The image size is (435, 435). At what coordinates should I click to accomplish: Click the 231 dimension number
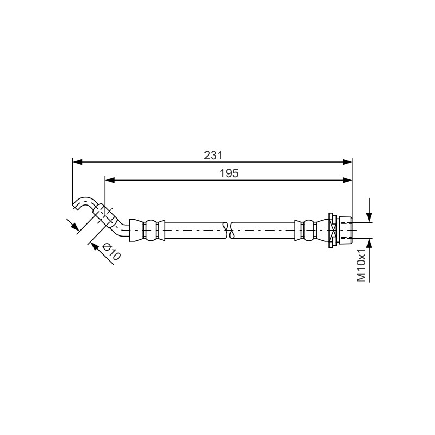point(213,156)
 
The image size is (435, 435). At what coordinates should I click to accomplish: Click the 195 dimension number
point(229,173)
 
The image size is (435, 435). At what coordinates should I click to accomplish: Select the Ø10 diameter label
point(111,251)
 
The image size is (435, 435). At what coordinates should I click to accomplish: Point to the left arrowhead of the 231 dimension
point(78,162)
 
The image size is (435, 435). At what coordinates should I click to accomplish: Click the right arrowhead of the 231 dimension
point(347,162)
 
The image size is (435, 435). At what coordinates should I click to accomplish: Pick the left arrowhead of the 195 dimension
point(110,181)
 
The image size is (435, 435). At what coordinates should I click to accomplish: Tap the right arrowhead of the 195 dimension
point(347,181)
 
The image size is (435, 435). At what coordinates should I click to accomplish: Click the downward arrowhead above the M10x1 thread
point(369,217)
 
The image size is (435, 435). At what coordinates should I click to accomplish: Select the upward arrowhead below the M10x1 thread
point(369,243)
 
